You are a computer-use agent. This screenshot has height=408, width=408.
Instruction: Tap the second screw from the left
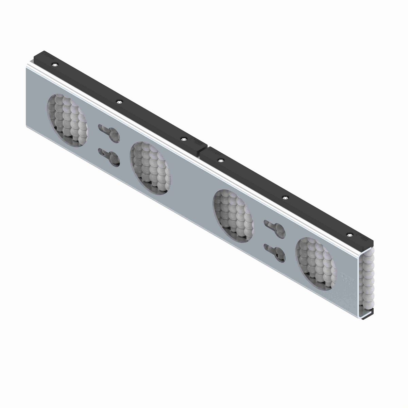119,101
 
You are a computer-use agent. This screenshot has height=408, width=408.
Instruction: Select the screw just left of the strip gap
184,139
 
